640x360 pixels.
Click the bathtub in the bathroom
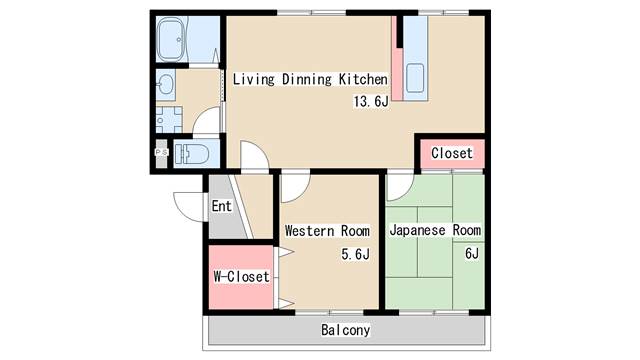(x=172, y=40)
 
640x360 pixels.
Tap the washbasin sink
(x=165, y=85)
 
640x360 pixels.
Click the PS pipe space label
(x=162, y=152)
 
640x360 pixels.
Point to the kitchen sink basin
(x=415, y=78)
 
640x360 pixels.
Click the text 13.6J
(x=371, y=101)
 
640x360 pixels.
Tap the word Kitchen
(x=363, y=79)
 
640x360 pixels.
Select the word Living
(x=254, y=79)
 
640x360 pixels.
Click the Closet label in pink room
(x=452, y=153)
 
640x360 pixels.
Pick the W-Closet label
(x=242, y=277)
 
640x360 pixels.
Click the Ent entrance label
(x=222, y=206)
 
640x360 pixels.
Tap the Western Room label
(x=327, y=231)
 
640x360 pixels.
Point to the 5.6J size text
(x=355, y=254)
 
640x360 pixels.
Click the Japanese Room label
(x=435, y=230)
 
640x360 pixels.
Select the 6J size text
(x=472, y=253)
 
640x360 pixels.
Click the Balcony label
(x=345, y=330)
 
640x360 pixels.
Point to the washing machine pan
(x=169, y=120)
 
